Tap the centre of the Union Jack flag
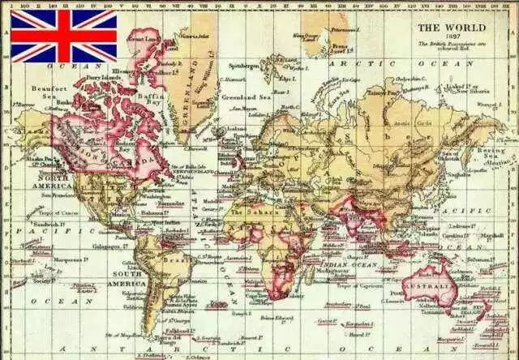tap(63, 36)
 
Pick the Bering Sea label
tap(492, 152)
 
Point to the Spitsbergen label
tap(242, 65)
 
